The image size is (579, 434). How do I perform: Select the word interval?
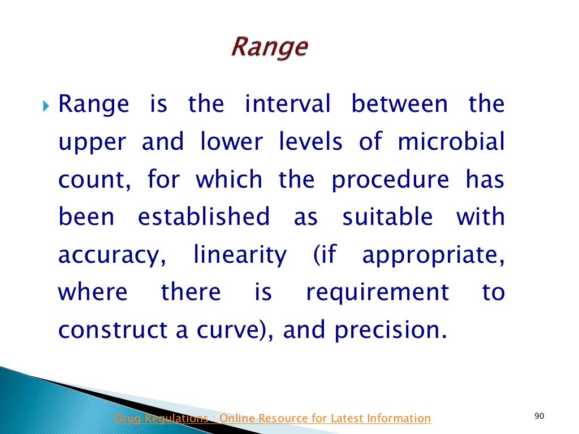pyautogui.click(x=287, y=105)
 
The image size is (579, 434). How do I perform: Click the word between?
pyautogui.click(x=400, y=105)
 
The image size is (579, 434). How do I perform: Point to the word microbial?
pyautogui.click(x=451, y=142)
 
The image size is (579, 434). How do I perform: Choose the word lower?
pyautogui.click(x=232, y=142)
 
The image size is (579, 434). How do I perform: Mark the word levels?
pyautogui.click(x=310, y=142)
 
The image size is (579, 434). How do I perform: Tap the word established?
pyautogui.click(x=204, y=218)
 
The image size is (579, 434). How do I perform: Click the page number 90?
pyautogui.click(x=538, y=416)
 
